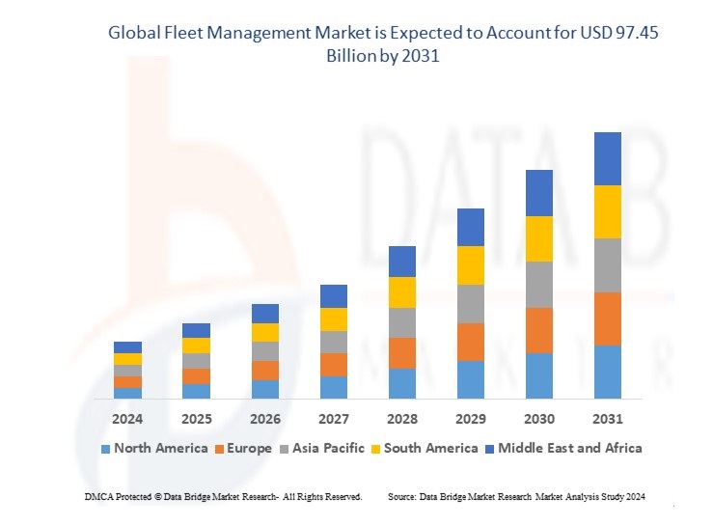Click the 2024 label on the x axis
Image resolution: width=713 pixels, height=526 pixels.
[x=127, y=419]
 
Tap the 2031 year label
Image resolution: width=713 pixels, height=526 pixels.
[x=608, y=419]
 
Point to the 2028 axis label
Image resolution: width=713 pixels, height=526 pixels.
[x=402, y=419]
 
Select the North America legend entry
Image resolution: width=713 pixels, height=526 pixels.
[x=153, y=448]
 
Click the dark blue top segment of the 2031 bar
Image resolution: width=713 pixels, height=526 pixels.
[x=608, y=158]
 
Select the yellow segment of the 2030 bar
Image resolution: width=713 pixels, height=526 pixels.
[x=538, y=238]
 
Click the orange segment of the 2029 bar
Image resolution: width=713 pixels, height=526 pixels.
[x=470, y=342]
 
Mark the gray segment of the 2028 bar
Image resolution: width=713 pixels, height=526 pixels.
[x=402, y=322]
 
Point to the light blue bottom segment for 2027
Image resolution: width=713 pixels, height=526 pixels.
[x=334, y=387]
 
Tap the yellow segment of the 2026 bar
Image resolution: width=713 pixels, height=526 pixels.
[x=265, y=332]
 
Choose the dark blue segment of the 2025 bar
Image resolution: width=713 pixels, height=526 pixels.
[x=196, y=330]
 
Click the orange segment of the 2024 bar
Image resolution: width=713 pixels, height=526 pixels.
[x=127, y=382]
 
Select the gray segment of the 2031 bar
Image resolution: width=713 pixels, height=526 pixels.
[x=608, y=265]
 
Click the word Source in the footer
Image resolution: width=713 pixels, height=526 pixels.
[x=401, y=496]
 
